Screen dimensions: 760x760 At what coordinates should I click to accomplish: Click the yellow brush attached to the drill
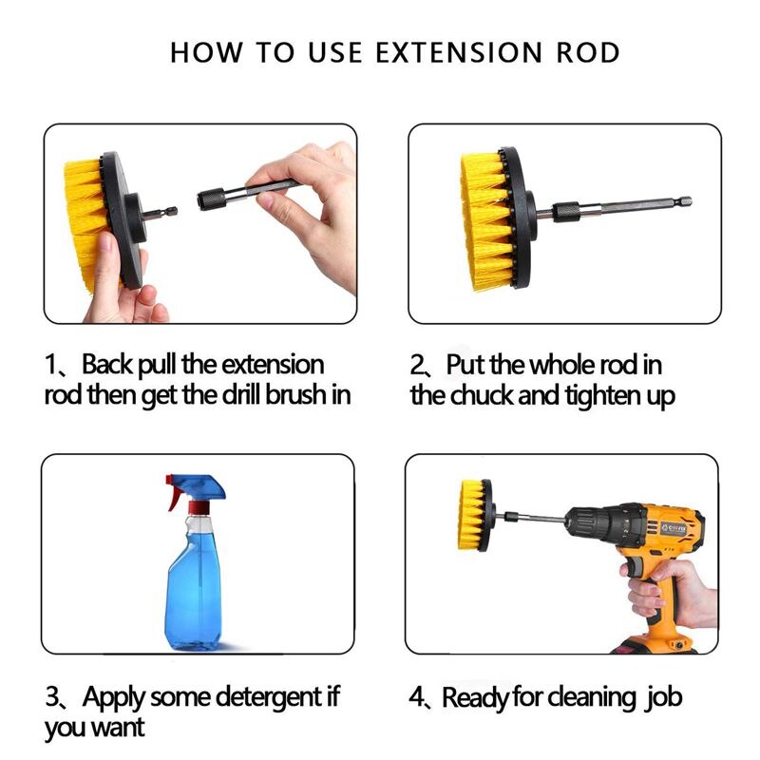pos(474,516)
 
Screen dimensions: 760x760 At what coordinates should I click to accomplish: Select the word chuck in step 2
pos(488,395)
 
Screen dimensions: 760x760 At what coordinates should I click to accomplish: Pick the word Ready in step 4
pos(476,699)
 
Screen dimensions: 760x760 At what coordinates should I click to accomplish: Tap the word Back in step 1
pos(109,365)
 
